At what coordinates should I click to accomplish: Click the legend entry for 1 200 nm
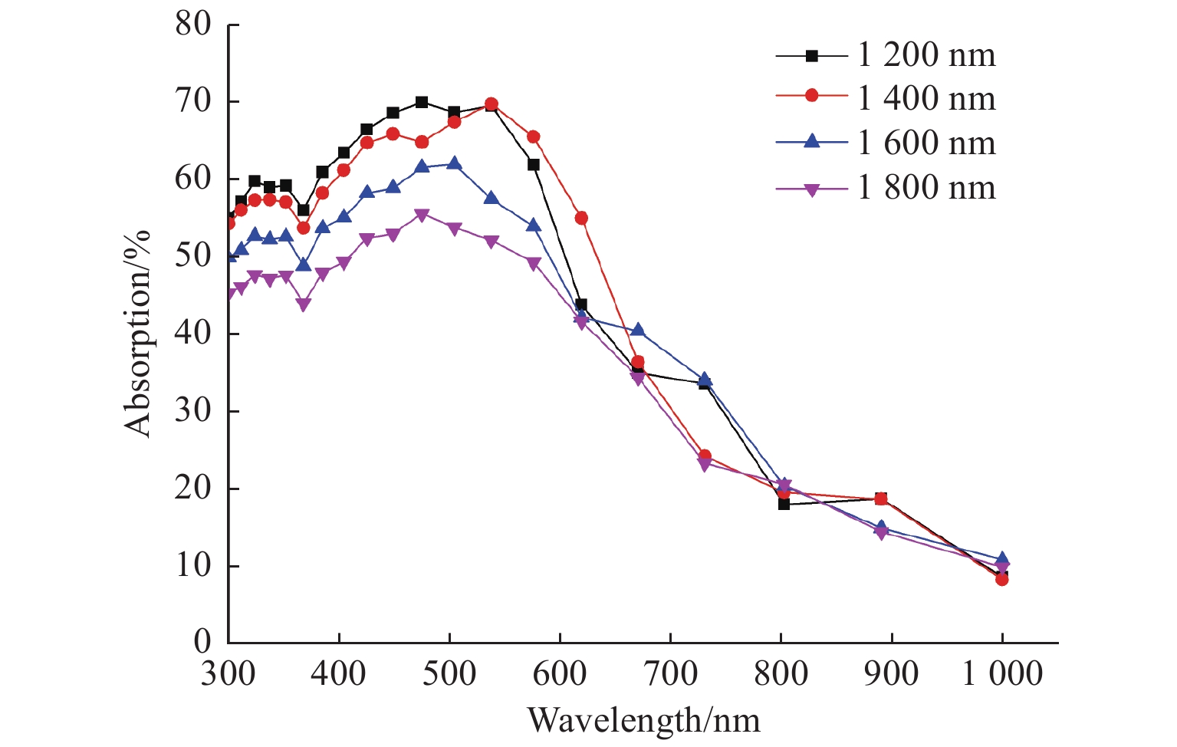(x=926, y=55)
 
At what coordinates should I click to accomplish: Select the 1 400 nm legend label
(x=926, y=99)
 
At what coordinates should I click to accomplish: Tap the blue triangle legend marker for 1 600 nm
(x=812, y=142)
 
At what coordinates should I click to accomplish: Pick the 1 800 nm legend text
(x=926, y=187)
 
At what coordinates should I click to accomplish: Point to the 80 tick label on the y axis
(x=192, y=24)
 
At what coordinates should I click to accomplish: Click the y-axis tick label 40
(x=192, y=334)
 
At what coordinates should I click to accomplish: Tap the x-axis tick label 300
(x=228, y=674)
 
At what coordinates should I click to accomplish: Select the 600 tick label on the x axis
(x=560, y=674)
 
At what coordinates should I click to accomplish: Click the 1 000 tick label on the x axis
(x=1003, y=674)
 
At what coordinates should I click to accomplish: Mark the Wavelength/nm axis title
(x=643, y=720)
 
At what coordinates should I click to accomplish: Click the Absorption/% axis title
(x=140, y=333)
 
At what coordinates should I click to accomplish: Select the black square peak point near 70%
(x=422, y=102)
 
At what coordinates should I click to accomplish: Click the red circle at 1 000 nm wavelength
(x=1002, y=579)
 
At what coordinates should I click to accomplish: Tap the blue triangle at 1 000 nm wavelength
(x=1002, y=559)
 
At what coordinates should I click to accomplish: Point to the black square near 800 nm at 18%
(x=784, y=504)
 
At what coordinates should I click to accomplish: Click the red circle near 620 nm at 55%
(x=581, y=219)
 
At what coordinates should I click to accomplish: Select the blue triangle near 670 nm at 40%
(x=638, y=330)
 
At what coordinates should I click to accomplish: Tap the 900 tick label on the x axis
(x=891, y=674)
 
